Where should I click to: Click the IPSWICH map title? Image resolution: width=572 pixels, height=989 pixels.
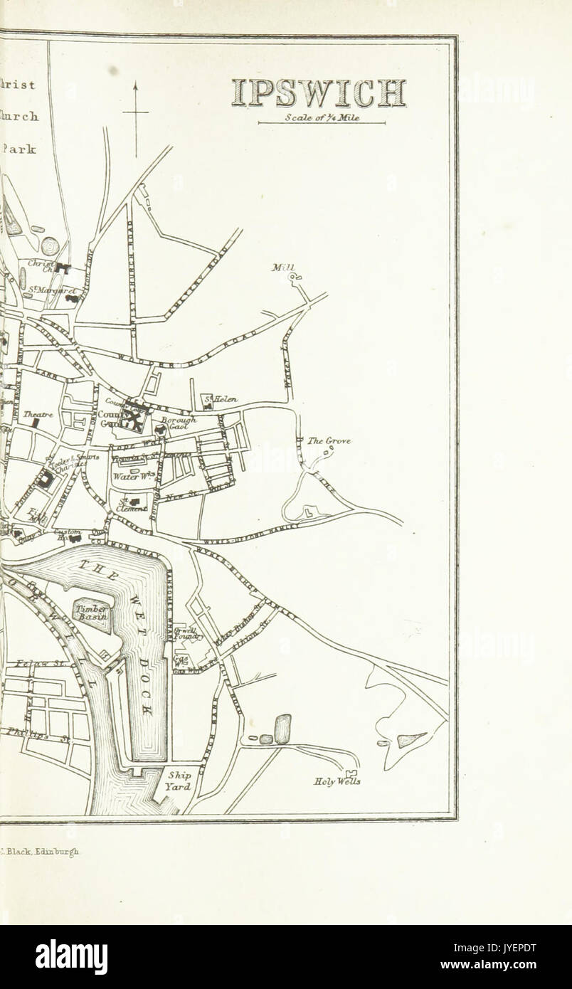coord(319,93)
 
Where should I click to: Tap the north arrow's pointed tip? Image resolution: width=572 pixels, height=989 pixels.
coord(135,83)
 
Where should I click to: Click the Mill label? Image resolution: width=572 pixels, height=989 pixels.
coord(282,268)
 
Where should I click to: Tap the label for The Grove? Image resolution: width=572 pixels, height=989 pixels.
coord(329,441)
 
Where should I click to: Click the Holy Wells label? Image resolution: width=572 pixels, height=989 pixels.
coord(337,781)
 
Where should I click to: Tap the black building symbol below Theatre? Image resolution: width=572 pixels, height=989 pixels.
coord(35,423)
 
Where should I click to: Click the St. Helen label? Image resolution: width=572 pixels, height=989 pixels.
coord(221,400)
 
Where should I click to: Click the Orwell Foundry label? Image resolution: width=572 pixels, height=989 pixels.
coord(189,633)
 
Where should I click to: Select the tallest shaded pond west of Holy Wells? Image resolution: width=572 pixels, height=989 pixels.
coord(282,729)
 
